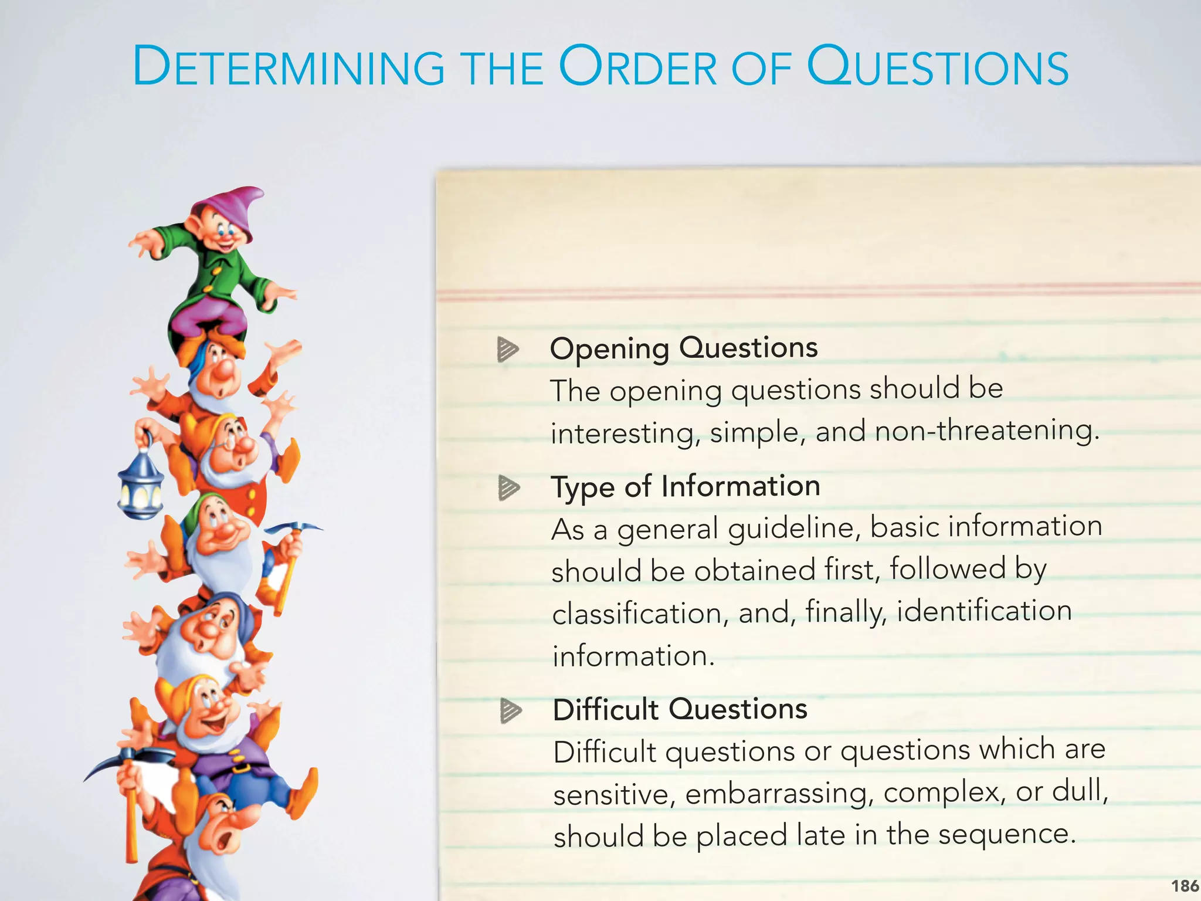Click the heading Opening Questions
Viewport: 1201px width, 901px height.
[x=683, y=348]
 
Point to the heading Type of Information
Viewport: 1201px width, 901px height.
[x=685, y=487]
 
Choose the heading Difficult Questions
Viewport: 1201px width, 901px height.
[x=680, y=710]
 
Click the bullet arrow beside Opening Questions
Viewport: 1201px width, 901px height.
[x=508, y=350]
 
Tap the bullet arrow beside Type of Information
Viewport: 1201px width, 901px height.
[x=509, y=488]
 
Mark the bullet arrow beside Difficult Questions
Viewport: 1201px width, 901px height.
[x=511, y=711]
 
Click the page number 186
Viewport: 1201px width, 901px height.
[x=1185, y=885]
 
